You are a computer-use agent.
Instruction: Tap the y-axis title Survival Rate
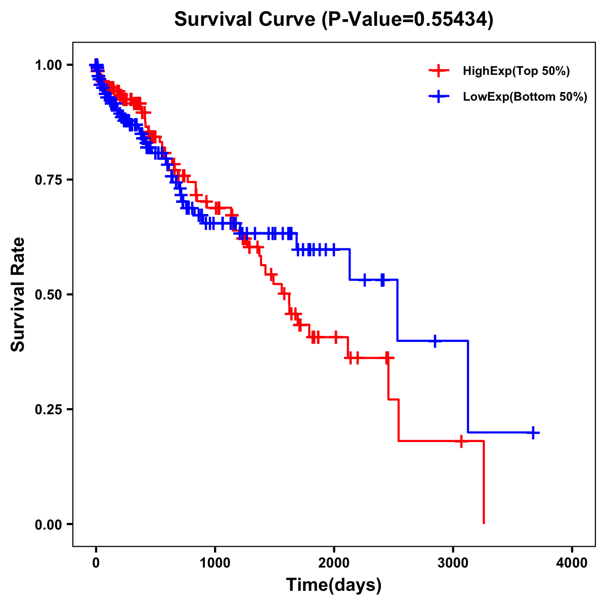point(18,294)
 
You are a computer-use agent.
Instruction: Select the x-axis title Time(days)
point(333,585)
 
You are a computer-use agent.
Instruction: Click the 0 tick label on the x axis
point(96,562)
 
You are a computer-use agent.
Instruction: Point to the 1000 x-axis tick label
point(215,562)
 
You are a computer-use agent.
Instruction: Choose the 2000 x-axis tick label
point(334,562)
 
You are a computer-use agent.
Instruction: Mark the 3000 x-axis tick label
point(453,562)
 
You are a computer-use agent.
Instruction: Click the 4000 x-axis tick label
point(572,562)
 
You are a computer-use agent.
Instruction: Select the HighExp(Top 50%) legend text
point(516,71)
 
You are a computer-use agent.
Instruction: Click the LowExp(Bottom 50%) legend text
point(525,97)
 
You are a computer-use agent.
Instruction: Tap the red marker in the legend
point(439,71)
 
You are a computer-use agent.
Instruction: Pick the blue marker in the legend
point(439,97)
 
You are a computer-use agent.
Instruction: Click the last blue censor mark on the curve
point(533,432)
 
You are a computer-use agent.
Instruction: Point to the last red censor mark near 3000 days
point(461,441)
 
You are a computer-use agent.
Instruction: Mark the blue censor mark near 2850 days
point(435,341)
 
